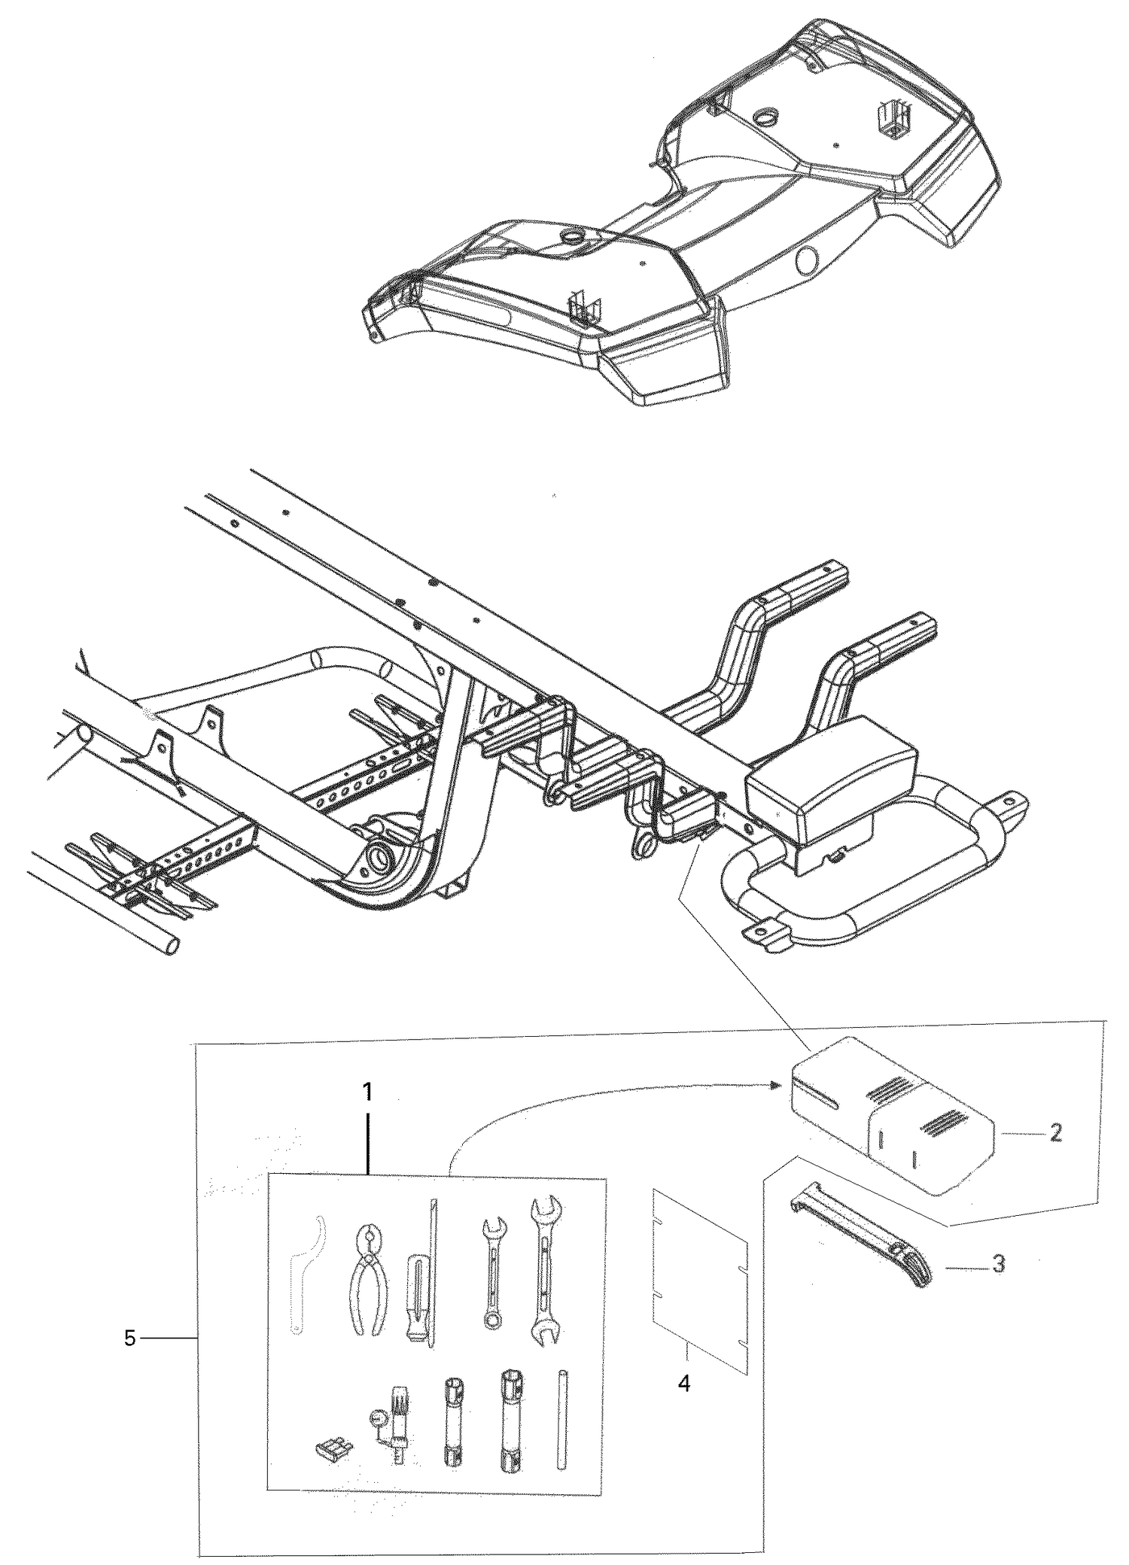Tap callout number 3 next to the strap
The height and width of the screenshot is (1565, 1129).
[x=998, y=1264]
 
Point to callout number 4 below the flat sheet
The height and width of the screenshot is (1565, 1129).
[x=684, y=1383]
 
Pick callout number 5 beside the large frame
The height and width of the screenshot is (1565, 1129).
[x=129, y=1339]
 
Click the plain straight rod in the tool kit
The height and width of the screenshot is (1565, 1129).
[x=561, y=1419]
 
